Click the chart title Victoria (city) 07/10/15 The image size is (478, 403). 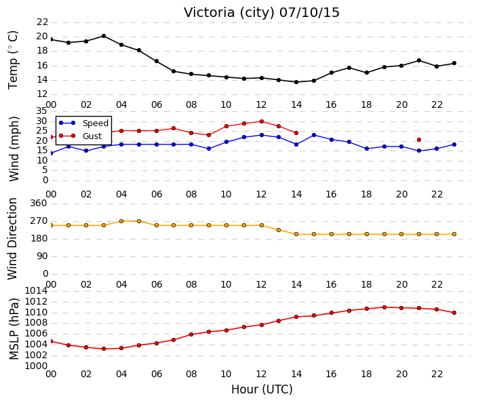pyautogui.click(x=261, y=12)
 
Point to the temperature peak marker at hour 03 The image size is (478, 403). pyautogui.click(x=104, y=36)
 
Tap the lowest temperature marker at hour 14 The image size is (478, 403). pyautogui.click(x=296, y=82)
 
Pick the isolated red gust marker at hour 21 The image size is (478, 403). pyautogui.click(x=419, y=140)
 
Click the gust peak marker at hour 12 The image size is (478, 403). pyautogui.click(x=262, y=121)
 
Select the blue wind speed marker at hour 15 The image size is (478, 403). pyautogui.click(x=314, y=135)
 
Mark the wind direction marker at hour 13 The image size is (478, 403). pyautogui.click(x=279, y=230)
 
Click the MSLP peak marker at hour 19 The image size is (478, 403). pyautogui.click(x=384, y=307)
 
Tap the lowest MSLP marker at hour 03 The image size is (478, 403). pyautogui.click(x=104, y=349)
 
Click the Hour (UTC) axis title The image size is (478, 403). pyautogui.click(x=262, y=389)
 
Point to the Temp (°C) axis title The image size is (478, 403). pyautogui.click(x=13, y=60)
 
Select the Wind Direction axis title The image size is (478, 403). pyautogui.click(x=12, y=239)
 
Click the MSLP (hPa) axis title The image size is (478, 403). pyautogui.click(x=14, y=329)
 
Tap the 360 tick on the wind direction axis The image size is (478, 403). pyautogui.click(x=39, y=203)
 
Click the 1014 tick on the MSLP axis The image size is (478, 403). pyautogui.click(x=36, y=291)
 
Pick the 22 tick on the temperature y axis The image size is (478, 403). pyautogui.click(x=42, y=22)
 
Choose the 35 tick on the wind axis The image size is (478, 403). pyautogui.click(x=41, y=111)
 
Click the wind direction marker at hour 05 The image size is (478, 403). pyautogui.click(x=139, y=221)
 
